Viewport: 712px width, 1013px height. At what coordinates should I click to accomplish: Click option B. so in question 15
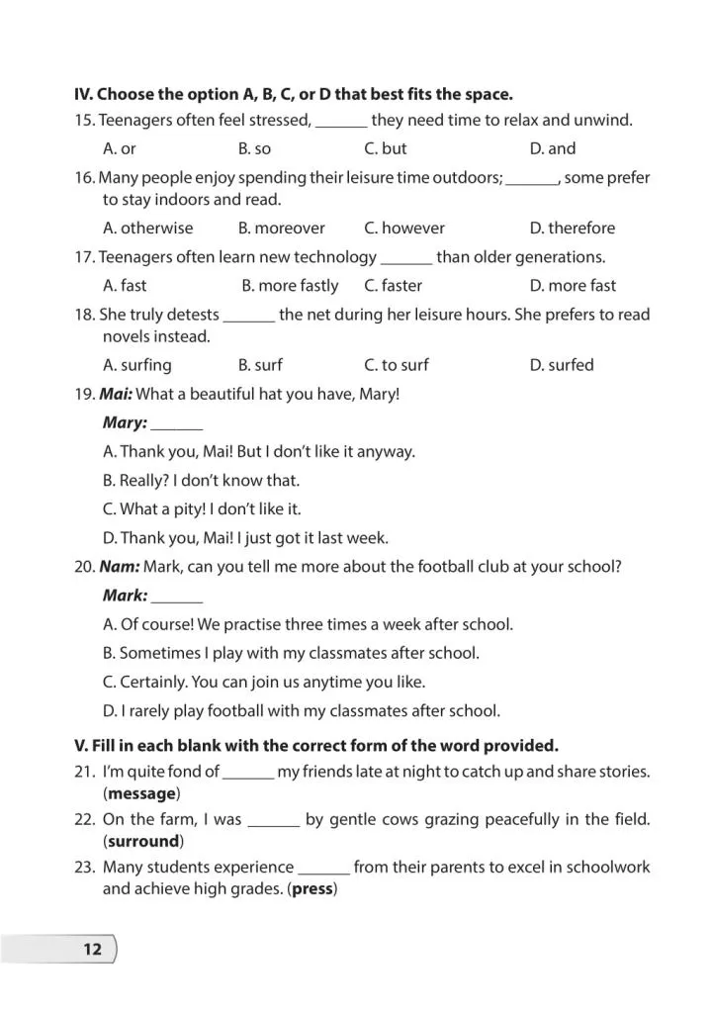pos(254,149)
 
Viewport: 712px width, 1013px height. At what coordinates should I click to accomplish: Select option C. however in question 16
pos(404,229)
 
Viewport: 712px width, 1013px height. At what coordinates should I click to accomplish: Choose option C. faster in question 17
pos(392,286)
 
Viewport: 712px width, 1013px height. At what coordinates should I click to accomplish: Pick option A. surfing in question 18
pos(136,365)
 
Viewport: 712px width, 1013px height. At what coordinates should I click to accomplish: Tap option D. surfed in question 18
pos(562,365)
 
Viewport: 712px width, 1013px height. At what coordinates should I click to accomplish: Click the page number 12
pos(92,950)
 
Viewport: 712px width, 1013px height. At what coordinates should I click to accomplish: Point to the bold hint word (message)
pos(142,793)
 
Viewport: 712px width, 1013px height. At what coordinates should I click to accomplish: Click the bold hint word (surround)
pos(143,842)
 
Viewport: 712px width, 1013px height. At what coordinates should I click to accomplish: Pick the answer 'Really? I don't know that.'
pos(201,481)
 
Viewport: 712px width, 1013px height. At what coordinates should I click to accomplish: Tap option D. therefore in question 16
pos(572,229)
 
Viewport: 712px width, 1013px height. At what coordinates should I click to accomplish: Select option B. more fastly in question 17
pos(290,286)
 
